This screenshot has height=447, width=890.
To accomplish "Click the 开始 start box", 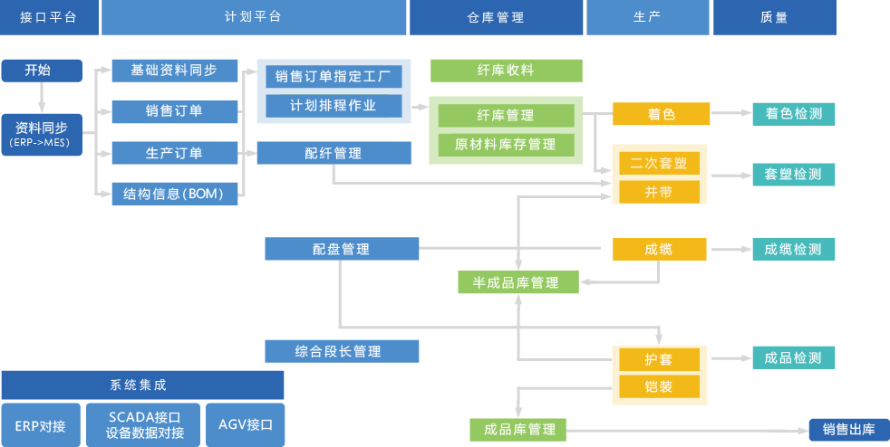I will tap(42, 70).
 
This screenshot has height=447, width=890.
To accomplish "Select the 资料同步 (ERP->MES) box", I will tap(42, 134).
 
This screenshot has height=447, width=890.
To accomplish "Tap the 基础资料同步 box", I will tap(174, 71).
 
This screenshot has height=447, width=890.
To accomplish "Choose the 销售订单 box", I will tap(174, 111).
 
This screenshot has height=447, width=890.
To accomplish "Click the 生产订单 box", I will tap(174, 153).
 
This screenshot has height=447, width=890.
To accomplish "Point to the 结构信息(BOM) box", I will tap(174, 194).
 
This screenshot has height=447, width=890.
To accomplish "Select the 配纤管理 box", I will tap(334, 153).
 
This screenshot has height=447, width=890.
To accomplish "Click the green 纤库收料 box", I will tap(506, 71).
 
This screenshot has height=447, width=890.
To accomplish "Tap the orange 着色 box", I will tap(659, 114).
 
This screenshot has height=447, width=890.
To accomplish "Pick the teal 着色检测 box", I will tap(793, 114).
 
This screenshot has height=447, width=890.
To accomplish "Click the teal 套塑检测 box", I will tap(793, 175).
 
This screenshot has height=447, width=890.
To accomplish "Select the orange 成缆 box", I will tap(659, 249).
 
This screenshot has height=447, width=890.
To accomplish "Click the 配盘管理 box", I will tap(342, 249).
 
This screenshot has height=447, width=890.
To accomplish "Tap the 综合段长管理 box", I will tap(342, 351).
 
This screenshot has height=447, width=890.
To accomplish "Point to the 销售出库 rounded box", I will tap(848, 430).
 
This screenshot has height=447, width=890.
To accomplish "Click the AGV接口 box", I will tap(246, 424).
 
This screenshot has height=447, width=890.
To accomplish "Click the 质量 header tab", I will tap(774, 17).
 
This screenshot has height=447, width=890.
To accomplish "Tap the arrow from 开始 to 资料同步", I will tap(42, 96).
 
